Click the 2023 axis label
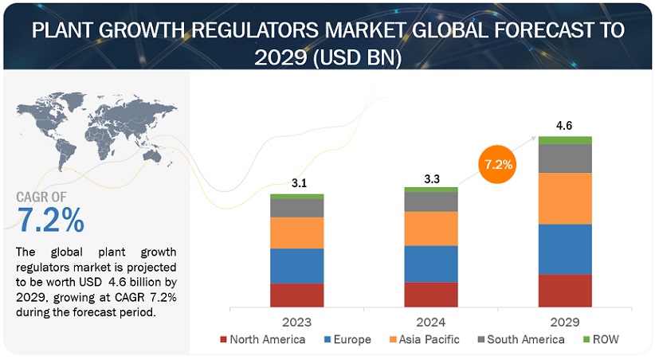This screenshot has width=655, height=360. coord(297,322)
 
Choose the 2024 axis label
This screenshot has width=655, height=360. coord(430,322)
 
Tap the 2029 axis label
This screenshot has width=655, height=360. coord(564,322)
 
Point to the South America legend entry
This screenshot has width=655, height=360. coord(520,340)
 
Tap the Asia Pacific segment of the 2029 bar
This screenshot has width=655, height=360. coord(565,198)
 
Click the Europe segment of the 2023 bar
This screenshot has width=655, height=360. coord(297,266)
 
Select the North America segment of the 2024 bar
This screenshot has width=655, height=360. coord(431,294)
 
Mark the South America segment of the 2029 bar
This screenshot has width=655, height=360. coord(565,158)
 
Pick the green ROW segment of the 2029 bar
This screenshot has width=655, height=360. coord(565,140)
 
